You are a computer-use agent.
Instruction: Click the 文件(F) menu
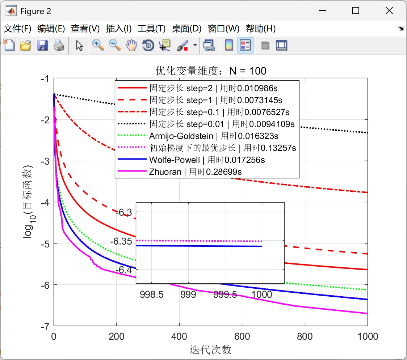17,29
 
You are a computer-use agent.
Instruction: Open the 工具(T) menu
151,29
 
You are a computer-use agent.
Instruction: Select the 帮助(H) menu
261,29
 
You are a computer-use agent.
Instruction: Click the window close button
389,11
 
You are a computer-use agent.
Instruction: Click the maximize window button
356,11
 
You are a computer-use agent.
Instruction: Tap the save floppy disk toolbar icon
43,46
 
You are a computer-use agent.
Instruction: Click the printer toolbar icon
59,46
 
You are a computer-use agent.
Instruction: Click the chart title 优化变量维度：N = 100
211,71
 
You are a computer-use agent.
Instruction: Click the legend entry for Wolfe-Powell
207,160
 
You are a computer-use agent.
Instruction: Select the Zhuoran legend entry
195,171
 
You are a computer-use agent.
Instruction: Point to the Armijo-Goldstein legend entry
214,136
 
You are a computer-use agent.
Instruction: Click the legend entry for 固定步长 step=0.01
222,124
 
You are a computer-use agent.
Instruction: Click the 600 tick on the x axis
242,336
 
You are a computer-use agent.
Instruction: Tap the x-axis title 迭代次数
210,350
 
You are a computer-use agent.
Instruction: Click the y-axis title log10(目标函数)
29,202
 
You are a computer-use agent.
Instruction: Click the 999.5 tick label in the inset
225,295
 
